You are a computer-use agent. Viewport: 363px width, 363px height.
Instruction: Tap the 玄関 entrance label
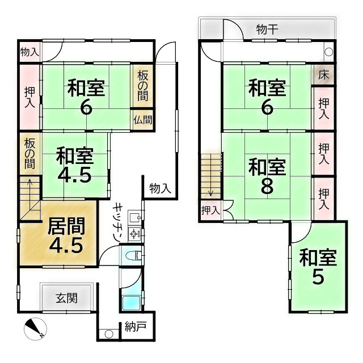(66, 297)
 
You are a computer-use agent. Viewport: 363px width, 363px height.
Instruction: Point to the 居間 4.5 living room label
(66, 235)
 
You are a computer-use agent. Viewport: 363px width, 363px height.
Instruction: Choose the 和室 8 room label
(267, 176)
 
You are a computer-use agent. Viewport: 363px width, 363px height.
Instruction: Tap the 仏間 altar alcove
(142, 120)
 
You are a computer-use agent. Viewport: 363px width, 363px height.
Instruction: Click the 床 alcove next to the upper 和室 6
(323, 74)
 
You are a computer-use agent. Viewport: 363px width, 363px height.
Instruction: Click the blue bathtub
(132, 301)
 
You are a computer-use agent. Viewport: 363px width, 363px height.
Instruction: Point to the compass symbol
(35, 328)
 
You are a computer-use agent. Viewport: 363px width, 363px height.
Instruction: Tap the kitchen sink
(134, 217)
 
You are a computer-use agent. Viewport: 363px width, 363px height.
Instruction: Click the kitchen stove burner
(135, 233)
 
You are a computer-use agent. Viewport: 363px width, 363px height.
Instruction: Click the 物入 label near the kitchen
(160, 188)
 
